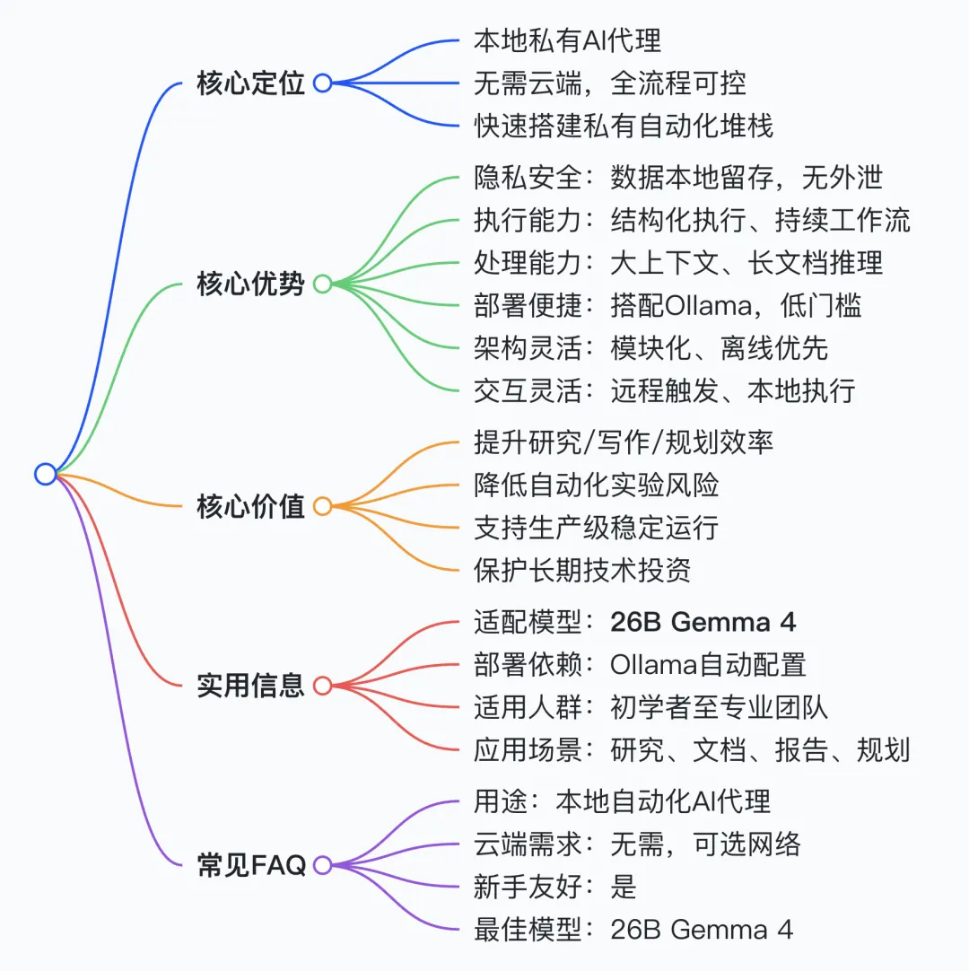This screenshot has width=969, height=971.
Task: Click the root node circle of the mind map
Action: tap(46, 473)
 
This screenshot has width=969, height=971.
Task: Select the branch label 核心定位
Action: tap(250, 84)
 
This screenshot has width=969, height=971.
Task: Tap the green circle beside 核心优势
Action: tap(322, 284)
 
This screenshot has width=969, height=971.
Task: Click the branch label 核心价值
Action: tap(250, 507)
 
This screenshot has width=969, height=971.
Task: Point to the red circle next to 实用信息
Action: tap(322, 687)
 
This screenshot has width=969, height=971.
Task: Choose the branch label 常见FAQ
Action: tap(251, 866)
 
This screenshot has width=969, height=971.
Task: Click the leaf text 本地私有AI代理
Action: tap(567, 40)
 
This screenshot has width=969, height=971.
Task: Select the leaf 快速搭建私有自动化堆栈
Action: tap(623, 127)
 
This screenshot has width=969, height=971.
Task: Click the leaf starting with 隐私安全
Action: tap(677, 177)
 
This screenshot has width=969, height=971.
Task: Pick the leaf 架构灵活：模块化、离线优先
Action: tap(650, 348)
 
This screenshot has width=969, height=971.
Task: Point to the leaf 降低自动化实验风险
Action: tap(596, 485)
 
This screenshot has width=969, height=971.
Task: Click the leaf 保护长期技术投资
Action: tap(581, 571)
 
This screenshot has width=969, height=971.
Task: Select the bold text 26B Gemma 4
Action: tap(703, 621)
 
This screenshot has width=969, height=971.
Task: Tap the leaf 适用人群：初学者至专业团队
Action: tap(650, 707)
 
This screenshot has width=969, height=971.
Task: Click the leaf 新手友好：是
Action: tap(554, 887)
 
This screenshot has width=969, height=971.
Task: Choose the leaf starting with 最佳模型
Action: tap(633, 930)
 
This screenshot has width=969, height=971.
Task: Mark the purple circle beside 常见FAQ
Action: tap(322, 866)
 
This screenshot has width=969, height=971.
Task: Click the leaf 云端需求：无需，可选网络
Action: tap(637, 844)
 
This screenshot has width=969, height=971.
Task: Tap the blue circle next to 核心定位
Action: tap(322, 83)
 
